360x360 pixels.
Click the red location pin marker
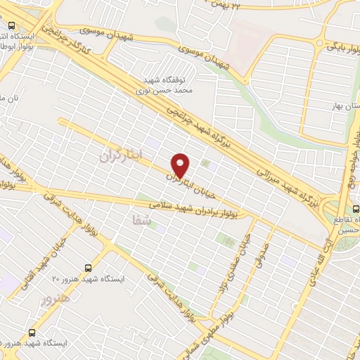click(x=181, y=165)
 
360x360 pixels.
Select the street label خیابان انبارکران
click(x=190, y=185)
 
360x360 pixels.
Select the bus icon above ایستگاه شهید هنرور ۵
click(x=32, y=333)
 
